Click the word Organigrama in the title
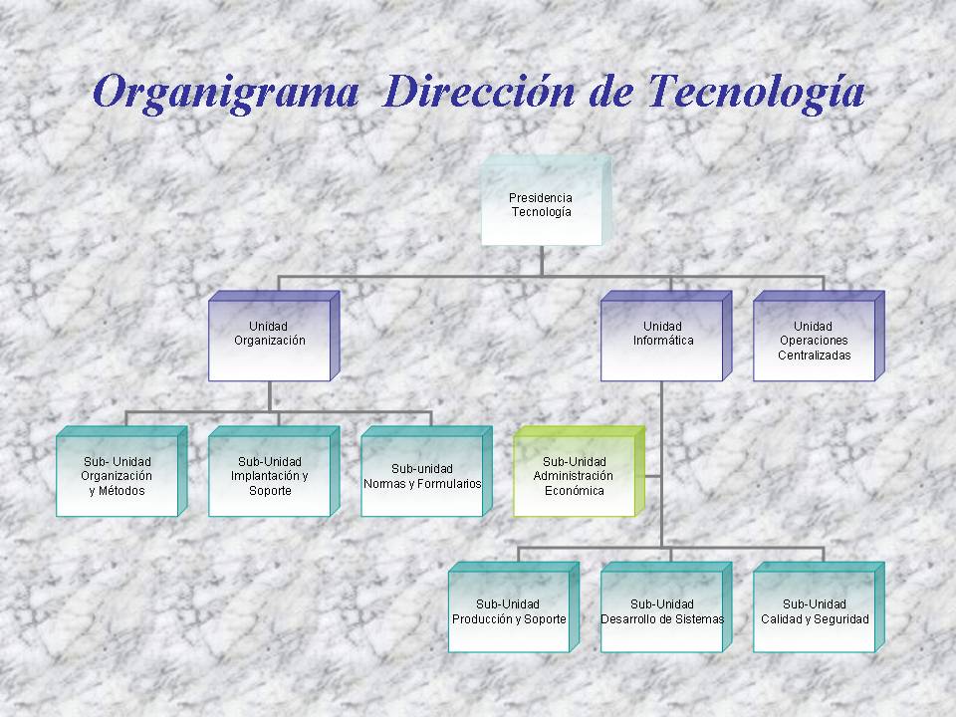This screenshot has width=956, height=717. click(225, 93)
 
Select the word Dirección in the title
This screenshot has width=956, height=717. click(480, 92)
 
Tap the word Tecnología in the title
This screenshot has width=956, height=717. click(756, 93)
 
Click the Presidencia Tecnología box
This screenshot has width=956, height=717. click(546, 200)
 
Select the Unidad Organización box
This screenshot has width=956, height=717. click(274, 336)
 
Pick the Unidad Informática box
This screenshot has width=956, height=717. click(666, 336)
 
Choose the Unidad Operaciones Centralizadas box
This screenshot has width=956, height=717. click(819, 336)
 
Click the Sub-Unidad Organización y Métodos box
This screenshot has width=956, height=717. click(121, 471)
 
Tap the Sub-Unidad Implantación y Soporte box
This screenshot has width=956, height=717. click(274, 471)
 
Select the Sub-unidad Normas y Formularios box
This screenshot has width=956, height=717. click(426, 471)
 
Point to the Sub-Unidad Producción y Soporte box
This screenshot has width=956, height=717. click(514, 607)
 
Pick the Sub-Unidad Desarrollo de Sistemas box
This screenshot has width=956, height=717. click(666, 607)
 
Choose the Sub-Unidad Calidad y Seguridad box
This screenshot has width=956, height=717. click(819, 607)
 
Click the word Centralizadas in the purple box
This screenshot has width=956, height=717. click(814, 356)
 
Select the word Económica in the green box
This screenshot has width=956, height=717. click(575, 491)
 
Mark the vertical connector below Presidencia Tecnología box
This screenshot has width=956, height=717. click(542, 261)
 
